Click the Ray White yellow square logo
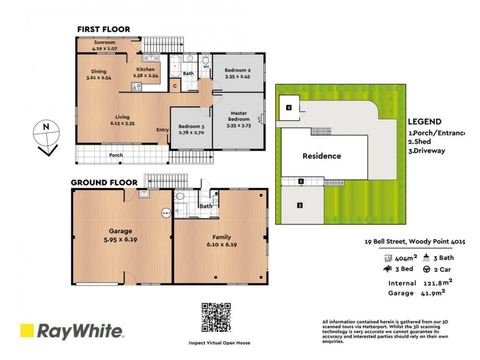(x=27, y=331)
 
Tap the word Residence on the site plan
(x=321, y=156)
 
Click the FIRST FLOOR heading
(x=103, y=29)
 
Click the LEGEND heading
(x=424, y=121)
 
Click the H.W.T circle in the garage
(x=166, y=212)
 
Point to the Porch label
(x=116, y=155)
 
